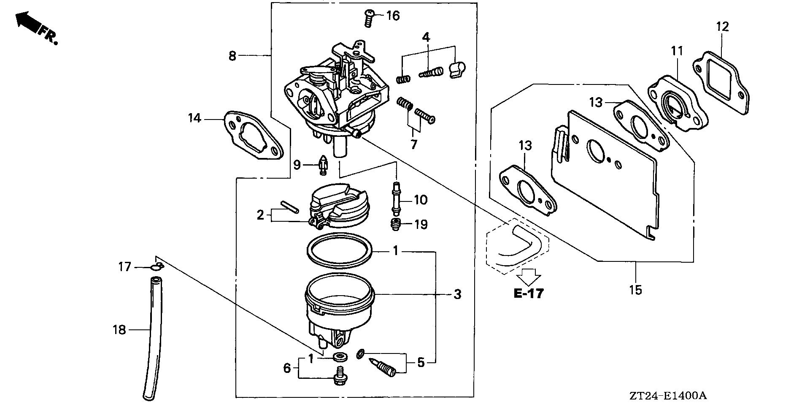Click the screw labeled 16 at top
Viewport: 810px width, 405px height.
coord(369,18)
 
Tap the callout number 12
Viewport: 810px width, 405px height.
coord(722,27)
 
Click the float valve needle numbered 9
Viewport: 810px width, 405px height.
coord(323,165)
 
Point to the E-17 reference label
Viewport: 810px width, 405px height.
coord(528,294)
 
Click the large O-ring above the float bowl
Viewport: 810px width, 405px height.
coord(340,250)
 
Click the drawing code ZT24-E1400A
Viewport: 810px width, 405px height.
coord(666,396)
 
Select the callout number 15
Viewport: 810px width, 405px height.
coord(635,290)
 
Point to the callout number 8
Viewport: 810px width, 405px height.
coord(232,55)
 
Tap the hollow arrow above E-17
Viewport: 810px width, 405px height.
coord(529,276)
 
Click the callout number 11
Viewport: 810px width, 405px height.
coord(677,52)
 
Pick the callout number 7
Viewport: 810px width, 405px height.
coord(414,144)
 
